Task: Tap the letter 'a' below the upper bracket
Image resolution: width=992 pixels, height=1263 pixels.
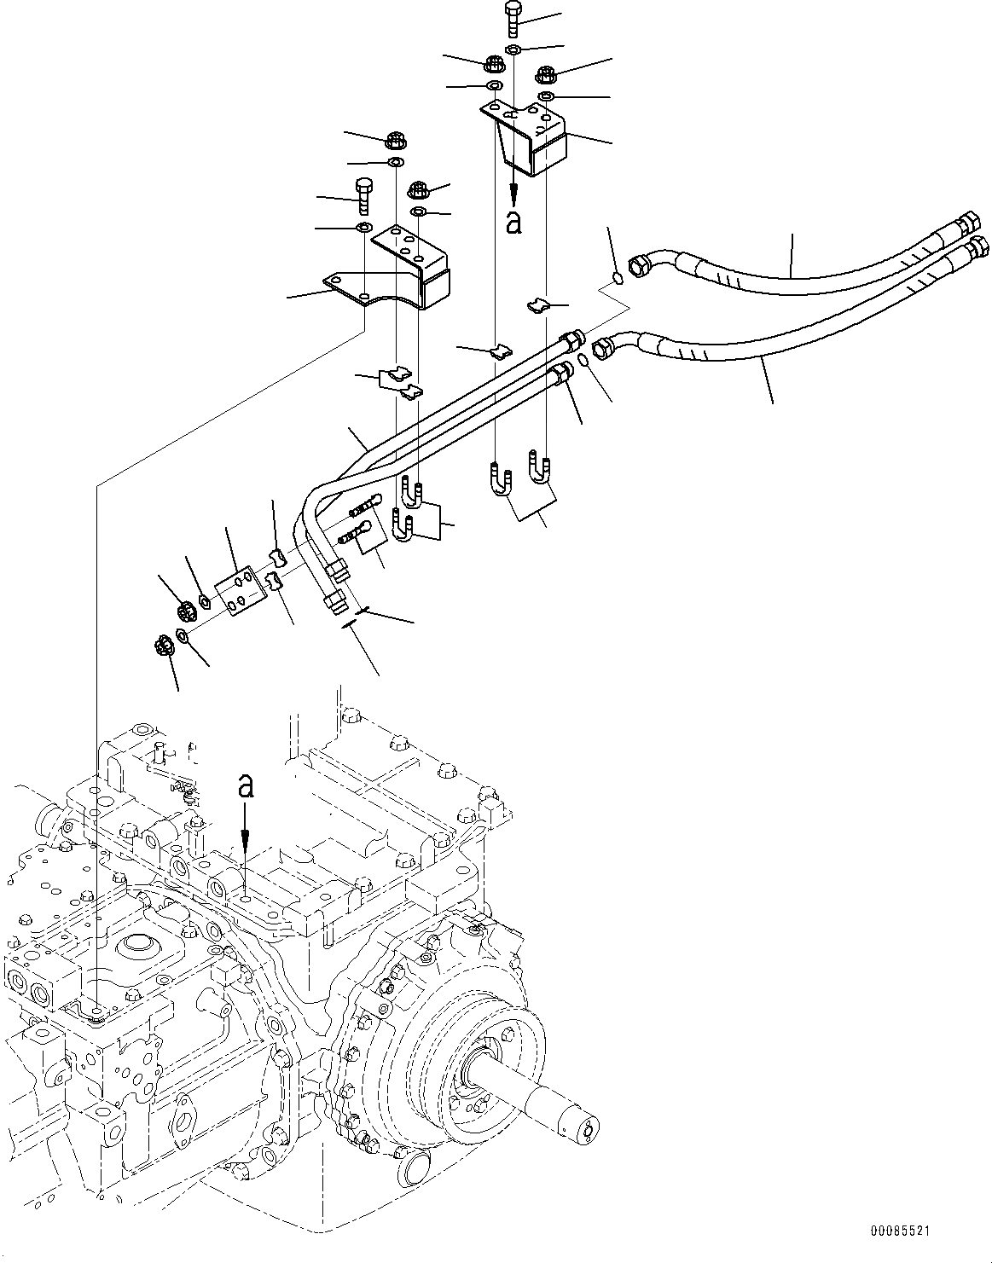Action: tap(513, 222)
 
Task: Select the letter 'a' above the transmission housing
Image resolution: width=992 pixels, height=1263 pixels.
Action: tap(246, 786)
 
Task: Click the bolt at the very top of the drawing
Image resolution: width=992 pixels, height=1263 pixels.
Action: tap(512, 17)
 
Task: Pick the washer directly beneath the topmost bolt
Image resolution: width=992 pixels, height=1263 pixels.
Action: tap(513, 51)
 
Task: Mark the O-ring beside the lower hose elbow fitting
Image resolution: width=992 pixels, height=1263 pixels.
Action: tap(583, 361)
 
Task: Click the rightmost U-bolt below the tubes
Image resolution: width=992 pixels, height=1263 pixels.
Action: tap(540, 467)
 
